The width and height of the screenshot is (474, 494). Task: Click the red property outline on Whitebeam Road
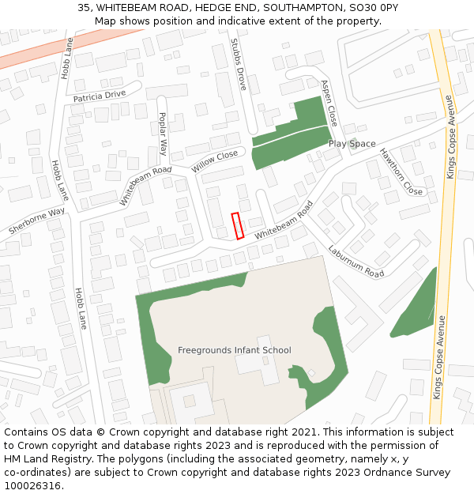pyautogui.click(x=237, y=226)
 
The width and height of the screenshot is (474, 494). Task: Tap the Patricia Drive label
pyautogui.click(x=100, y=96)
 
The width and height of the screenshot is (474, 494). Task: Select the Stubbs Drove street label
pyautogui.click(x=238, y=64)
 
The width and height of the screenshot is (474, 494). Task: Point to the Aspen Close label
pyautogui.click(x=329, y=103)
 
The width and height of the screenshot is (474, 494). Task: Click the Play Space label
pyautogui.click(x=352, y=144)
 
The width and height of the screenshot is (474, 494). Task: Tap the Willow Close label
pyautogui.click(x=214, y=162)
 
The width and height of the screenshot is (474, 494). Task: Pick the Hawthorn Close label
pyautogui.click(x=401, y=172)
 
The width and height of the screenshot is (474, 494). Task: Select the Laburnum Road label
pyautogui.click(x=355, y=261)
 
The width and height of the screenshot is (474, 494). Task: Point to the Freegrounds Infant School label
pyautogui.click(x=235, y=350)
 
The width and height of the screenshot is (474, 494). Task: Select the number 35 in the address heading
pyautogui.click(x=84, y=8)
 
